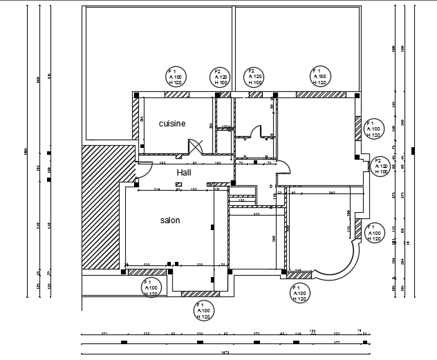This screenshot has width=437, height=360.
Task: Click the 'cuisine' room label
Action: pos(172,124)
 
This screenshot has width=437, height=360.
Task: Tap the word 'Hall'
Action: pos(183,172)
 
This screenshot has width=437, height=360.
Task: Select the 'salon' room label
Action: pos(170,220)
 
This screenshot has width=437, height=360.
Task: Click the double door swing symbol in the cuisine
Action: pos(194,146)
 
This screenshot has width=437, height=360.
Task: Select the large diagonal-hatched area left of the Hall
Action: pos(104,207)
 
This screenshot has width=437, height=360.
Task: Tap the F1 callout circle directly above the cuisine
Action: pos(176,77)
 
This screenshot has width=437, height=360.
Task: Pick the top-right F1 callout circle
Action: pos(319,77)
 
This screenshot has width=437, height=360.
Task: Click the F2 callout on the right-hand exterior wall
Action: pos(381,166)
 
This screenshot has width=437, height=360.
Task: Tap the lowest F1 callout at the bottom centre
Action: pos(203,311)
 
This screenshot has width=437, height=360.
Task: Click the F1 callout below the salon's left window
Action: pos(151,287)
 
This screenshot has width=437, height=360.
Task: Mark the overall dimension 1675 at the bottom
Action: pos(225,352)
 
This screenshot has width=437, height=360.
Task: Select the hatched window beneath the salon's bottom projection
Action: pos(196,294)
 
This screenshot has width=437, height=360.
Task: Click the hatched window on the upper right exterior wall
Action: pos(358,128)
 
